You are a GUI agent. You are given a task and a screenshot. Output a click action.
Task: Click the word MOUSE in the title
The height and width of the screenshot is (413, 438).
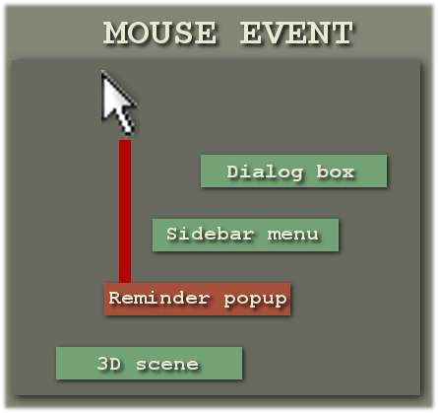tap(159, 33)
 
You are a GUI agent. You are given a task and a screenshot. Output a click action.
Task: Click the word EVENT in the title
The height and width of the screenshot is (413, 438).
tap(296, 33)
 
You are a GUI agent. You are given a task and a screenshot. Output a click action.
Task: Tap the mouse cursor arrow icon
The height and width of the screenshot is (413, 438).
tap(118, 103)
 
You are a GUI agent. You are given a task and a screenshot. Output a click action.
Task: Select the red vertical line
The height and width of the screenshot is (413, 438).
tap(125, 211)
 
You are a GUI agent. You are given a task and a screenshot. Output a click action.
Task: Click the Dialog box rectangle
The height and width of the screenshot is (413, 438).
tap(293, 172)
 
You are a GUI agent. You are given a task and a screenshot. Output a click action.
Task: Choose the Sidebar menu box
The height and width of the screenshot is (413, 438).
tap(245, 236)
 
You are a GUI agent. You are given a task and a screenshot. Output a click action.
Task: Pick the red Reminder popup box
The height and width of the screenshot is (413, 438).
tap(197, 299)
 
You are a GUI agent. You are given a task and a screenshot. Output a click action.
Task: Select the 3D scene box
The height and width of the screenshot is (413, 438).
tap(149, 363)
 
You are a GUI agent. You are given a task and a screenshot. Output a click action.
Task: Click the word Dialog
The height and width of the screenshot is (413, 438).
tap(265, 172)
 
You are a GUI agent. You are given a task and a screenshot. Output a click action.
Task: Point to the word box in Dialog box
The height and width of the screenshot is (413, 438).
tap(336, 172)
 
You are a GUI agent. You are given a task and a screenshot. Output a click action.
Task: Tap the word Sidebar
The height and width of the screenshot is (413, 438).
tap(211, 234)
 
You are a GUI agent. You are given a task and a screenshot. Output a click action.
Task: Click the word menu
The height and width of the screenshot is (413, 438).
tap(292, 235)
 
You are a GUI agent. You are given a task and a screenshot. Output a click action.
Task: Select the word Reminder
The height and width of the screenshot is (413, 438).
tap(159, 298)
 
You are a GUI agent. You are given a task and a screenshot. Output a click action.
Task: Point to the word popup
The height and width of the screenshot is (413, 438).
tap(255, 300)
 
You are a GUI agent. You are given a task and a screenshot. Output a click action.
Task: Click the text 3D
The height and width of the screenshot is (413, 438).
tap(109, 364)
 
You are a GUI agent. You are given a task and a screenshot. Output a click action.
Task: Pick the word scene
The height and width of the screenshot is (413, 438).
tap(167, 365)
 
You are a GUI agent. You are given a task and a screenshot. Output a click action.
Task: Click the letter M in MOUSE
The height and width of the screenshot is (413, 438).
tap(115, 33)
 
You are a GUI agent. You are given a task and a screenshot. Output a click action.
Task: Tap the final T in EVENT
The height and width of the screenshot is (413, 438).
tap(342, 33)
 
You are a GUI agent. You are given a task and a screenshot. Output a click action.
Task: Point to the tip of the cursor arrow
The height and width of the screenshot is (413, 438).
tap(102, 71)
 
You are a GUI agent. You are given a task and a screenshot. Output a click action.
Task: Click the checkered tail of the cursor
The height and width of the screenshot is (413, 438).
tap(127, 123)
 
